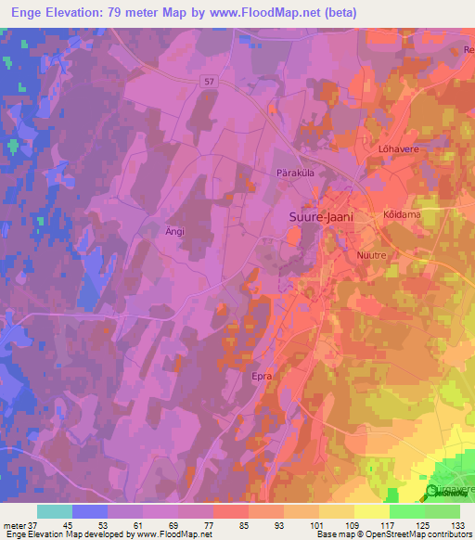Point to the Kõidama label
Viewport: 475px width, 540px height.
pyautogui.click(x=402, y=214)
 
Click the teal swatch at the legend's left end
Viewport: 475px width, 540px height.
pyautogui.click(x=55, y=511)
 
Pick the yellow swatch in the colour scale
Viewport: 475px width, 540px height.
pyautogui.click(x=371, y=511)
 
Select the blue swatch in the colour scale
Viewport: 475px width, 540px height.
pyautogui.click(x=90, y=511)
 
